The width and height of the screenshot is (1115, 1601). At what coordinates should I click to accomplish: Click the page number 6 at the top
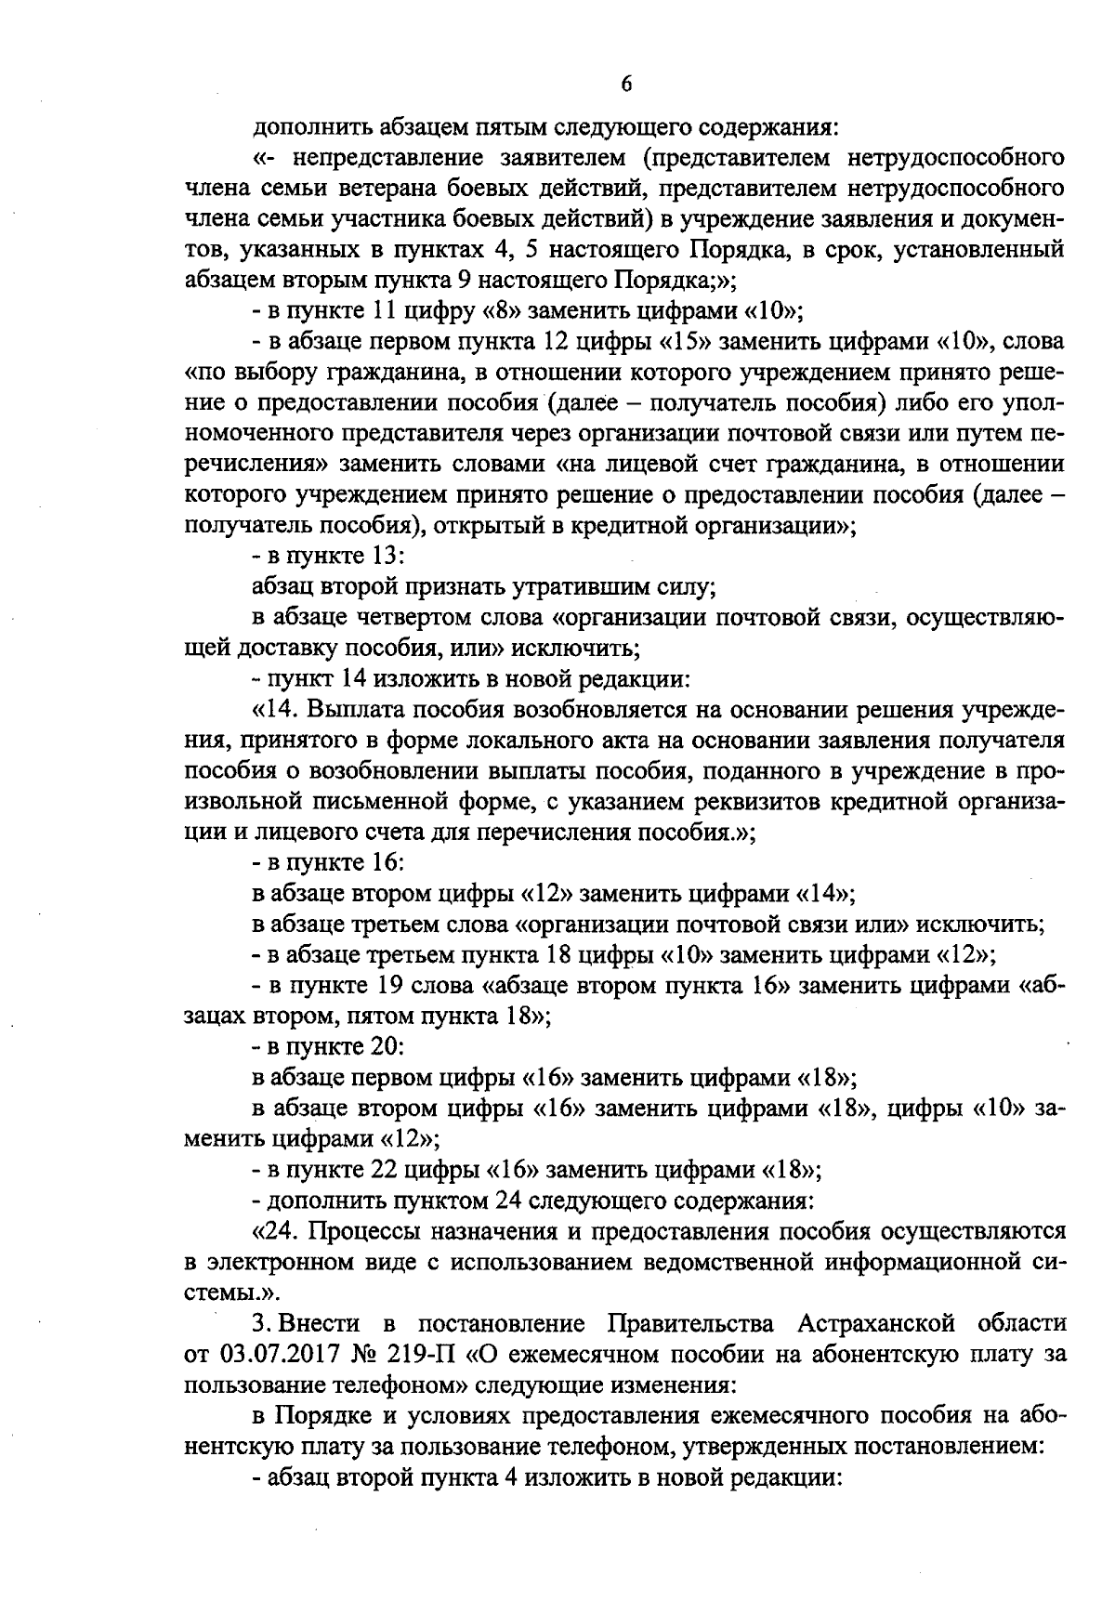tap(624, 85)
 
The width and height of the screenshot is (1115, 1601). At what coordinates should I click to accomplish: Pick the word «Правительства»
tap(689, 1323)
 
